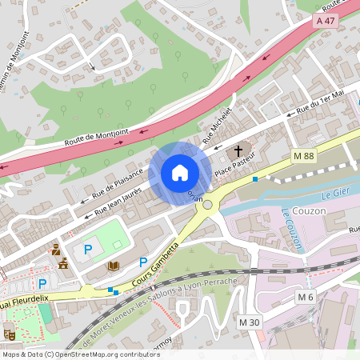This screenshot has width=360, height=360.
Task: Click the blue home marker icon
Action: pyautogui.click(x=179, y=172)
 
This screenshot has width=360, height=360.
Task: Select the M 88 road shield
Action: pyautogui.click(x=303, y=155)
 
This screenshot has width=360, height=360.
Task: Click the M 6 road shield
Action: pyautogui.click(x=304, y=298)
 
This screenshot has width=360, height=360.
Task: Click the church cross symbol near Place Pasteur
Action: pyautogui.click(x=238, y=152)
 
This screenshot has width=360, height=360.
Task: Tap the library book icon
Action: pyautogui.click(x=114, y=266)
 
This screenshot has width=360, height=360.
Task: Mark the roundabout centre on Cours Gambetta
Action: pyautogui.click(x=210, y=206)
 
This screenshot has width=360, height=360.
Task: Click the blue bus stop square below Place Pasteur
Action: pyautogui.click(x=255, y=179)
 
